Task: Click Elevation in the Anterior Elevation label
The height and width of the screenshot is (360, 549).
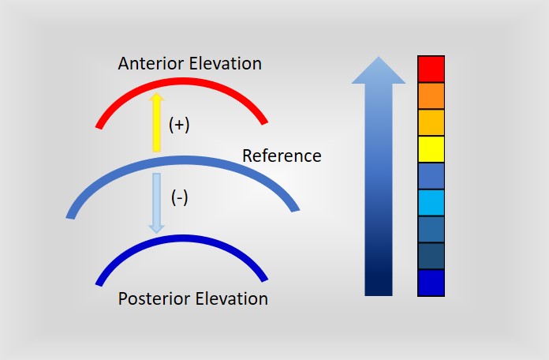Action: [225, 63]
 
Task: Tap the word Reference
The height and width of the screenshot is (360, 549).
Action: [282, 156]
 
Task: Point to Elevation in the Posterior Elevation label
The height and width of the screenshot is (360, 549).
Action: [232, 299]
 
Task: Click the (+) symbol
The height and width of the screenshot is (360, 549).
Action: [179, 125]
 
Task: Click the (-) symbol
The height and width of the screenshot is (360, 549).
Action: [179, 197]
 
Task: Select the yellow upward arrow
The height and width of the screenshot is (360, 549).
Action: [156, 122]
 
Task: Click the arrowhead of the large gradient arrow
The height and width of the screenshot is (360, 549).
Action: [379, 71]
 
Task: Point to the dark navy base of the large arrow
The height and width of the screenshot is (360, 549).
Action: [379, 280]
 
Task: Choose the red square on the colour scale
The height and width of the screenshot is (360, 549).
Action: [431, 69]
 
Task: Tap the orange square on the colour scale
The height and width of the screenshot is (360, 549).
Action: [431, 96]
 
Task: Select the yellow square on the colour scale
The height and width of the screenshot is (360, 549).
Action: [431, 149]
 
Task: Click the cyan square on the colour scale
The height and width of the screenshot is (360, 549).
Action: [431, 203]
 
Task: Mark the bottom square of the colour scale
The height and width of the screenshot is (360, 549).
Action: [431, 283]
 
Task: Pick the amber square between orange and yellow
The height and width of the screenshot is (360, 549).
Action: [431, 122]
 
